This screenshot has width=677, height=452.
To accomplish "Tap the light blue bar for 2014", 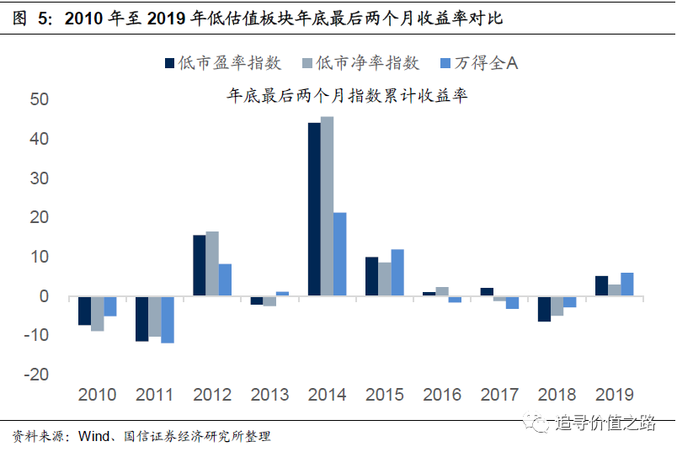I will click(339, 253).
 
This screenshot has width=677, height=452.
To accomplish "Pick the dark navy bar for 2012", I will click(200, 265).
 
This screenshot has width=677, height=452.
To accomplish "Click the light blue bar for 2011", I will click(168, 319).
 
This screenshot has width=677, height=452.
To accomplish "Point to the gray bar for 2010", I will click(98, 313).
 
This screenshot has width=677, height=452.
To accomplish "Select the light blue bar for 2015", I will click(397, 272).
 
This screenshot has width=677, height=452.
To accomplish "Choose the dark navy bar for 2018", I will click(544, 308).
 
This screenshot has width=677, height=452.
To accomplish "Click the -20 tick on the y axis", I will click(38, 375).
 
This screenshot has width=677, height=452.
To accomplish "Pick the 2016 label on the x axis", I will click(443, 395).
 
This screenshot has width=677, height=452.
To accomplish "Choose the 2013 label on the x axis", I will click(269, 395).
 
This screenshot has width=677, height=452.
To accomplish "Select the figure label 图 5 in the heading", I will click(32, 17).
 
